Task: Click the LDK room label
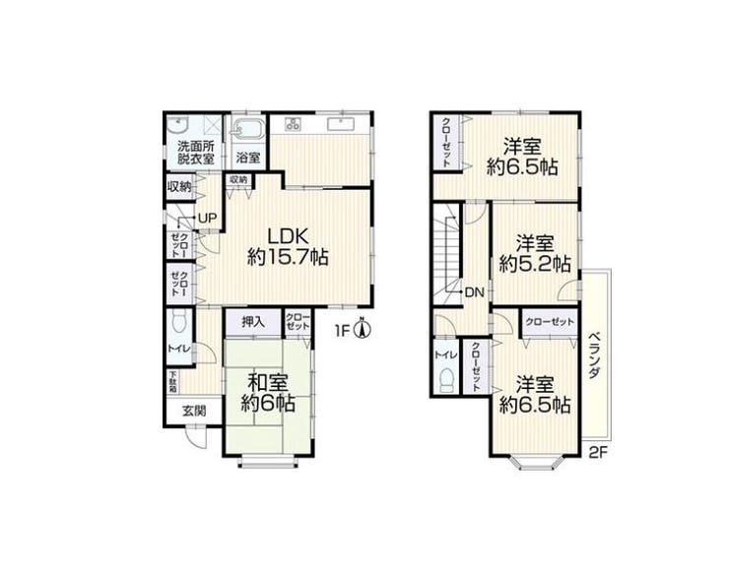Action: (288, 236)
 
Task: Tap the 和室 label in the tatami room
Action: (268, 383)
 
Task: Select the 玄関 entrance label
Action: (194, 411)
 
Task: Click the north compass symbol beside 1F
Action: (364, 328)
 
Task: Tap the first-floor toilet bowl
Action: (179, 322)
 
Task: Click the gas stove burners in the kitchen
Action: (294, 124)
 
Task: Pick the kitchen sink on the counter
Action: (342, 124)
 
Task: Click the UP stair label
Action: (207, 218)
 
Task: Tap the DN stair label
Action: (475, 292)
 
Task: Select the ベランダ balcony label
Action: (594, 355)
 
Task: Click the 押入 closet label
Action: (253, 322)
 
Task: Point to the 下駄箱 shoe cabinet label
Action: (173, 382)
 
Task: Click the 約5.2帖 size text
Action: (535, 264)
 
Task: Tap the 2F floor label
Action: (598, 452)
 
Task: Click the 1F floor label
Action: (342, 330)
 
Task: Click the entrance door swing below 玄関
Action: (195, 437)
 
